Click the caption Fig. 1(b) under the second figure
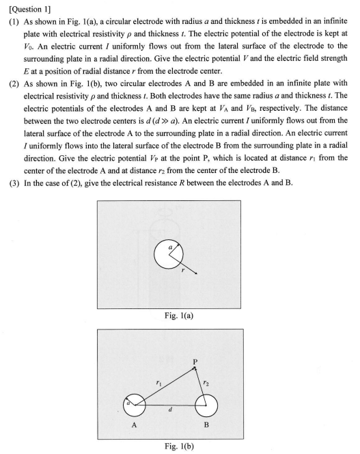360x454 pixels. (180, 445)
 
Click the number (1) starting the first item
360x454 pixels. (12, 22)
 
